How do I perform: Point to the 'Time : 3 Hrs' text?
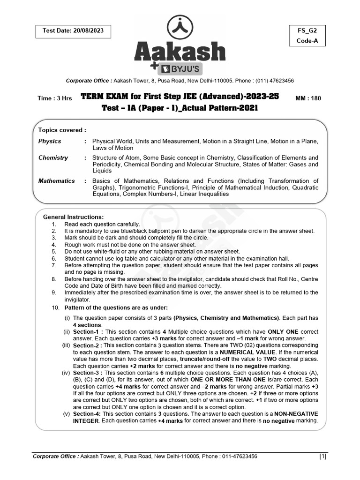[x=54, y=98]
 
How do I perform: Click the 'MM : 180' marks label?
[x=308, y=98]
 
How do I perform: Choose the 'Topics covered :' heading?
[x=62, y=130]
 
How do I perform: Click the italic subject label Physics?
[x=50, y=141]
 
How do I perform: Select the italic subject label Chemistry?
[x=53, y=158]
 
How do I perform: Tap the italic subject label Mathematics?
[x=56, y=181]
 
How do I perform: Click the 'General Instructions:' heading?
[x=73, y=217]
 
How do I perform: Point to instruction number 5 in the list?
[x=54, y=251]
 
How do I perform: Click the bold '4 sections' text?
[x=87, y=324]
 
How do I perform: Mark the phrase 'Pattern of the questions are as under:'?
[x=116, y=307]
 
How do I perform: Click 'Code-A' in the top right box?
[x=307, y=41]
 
